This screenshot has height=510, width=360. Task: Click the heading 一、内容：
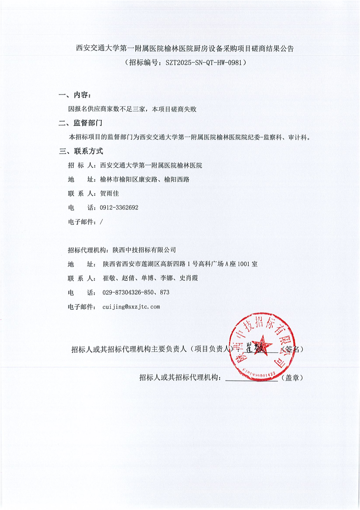tap(75, 95)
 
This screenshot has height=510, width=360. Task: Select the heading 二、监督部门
tap(81, 123)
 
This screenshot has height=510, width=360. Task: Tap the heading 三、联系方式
tap(81, 151)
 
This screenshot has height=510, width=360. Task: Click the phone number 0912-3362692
tap(119, 208)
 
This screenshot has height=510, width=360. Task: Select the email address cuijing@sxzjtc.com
tap(131, 307)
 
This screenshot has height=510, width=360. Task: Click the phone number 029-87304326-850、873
tap(136, 292)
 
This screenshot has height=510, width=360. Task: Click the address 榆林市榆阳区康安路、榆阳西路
tap(144, 179)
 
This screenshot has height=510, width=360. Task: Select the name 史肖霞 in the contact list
tap(189, 278)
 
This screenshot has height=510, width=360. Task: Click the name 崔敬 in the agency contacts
tap(110, 278)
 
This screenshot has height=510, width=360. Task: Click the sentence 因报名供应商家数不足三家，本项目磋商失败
tap(132, 109)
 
